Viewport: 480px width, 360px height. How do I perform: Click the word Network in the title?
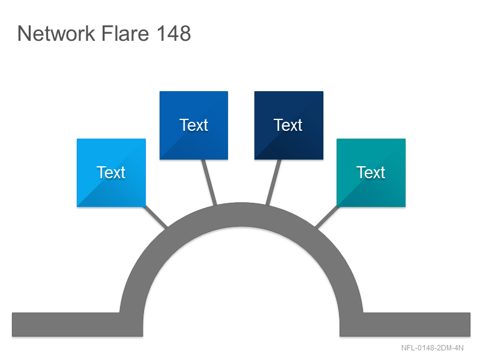pyautogui.click(x=56, y=33)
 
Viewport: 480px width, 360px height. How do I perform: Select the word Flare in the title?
pyautogui.click(x=125, y=33)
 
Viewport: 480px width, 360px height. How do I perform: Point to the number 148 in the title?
pyautogui.click(x=174, y=33)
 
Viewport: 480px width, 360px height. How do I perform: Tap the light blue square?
pyautogui.click(x=111, y=173)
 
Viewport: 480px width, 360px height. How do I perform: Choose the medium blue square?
pyautogui.click(x=194, y=125)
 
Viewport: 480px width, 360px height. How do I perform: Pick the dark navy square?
pyautogui.click(x=289, y=125)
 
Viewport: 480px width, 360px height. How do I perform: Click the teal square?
pyautogui.click(x=371, y=173)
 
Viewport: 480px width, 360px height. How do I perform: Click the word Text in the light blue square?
pyautogui.click(x=111, y=172)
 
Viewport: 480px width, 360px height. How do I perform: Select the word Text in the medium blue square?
pyautogui.click(x=194, y=125)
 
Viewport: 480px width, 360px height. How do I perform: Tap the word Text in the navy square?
pyautogui.click(x=288, y=125)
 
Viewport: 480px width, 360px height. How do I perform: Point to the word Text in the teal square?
pyautogui.click(x=371, y=172)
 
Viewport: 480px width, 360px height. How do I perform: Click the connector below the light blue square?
pyautogui.click(x=155, y=217)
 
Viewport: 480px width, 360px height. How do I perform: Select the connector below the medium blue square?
pyautogui.click(x=209, y=182)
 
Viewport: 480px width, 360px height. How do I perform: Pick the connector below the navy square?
pyautogui.click(x=274, y=182)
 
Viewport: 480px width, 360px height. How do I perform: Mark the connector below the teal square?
pyautogui.click(x=327, y=217)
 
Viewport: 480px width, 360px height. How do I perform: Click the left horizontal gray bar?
pyautogui.click(x=77, y=325)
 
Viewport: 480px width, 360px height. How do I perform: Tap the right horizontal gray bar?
pyautogui.click(x=405, y=325)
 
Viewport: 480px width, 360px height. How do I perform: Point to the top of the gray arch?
pyautogui.click(x=241, y=214)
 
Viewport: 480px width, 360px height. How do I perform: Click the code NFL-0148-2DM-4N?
pyautogui.click(x=432, y=348)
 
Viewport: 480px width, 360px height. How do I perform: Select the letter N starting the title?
pyautogui.click(x=24, y=34)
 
